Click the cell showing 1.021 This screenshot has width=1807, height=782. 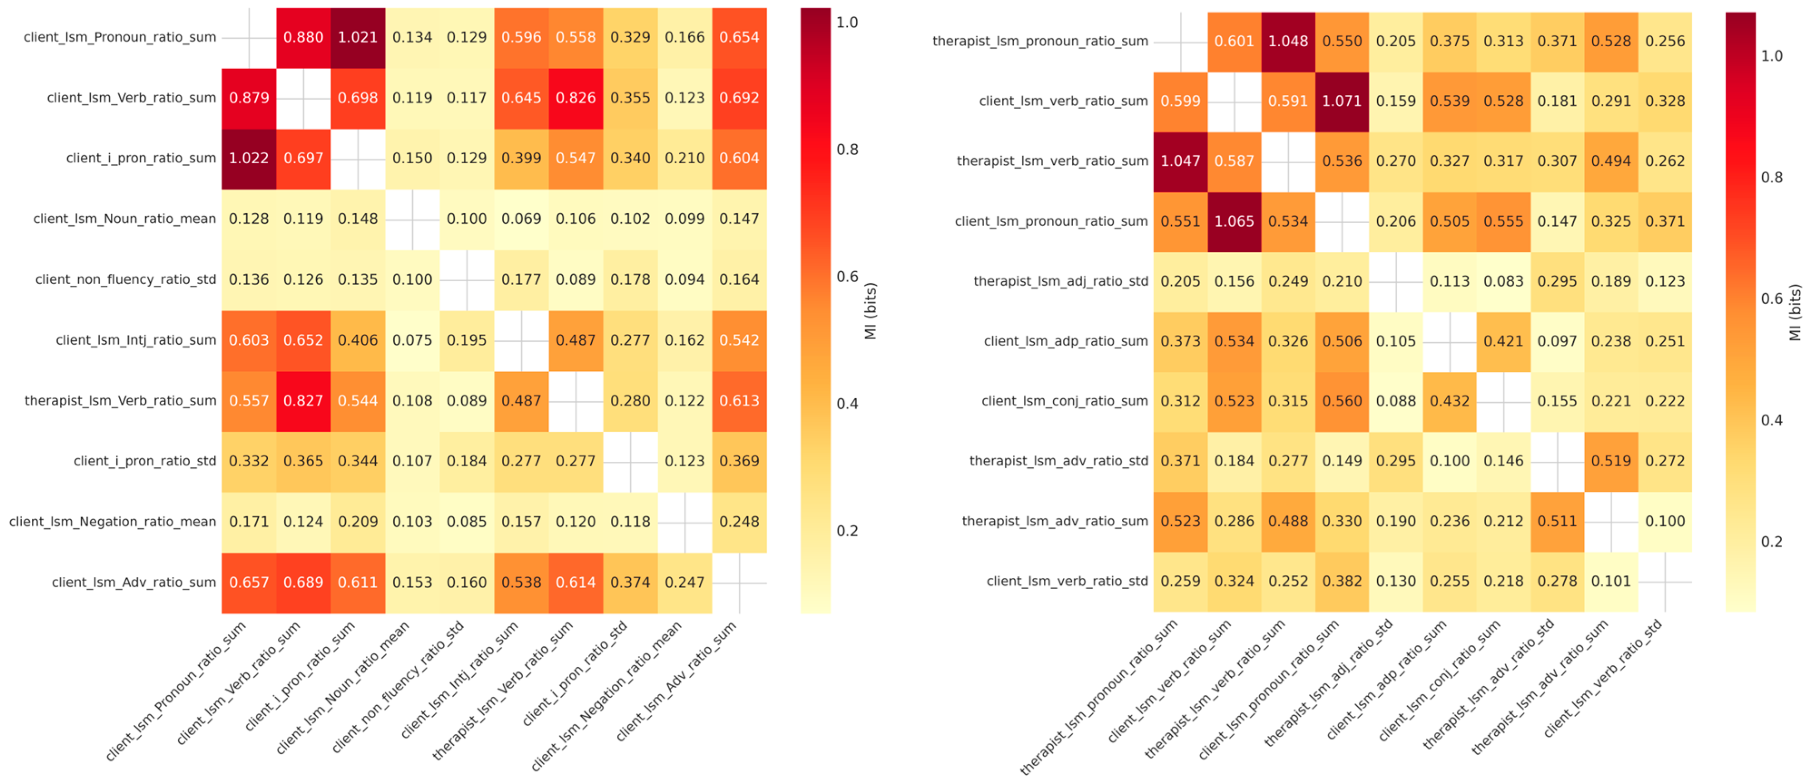(x=358, y=38)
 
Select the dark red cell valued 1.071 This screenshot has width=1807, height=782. (x=1342, y=102)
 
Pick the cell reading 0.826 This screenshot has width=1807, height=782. (x=576, y=98)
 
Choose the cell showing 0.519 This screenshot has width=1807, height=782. (x=1611, y=461)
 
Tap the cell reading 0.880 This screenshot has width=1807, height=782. (x=303, y=38)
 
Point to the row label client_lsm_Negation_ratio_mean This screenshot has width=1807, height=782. (x=112, y=522)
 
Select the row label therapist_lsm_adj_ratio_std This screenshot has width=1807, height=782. (x=1061, y=281)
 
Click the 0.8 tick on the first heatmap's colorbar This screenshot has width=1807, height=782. (x=847, y=149)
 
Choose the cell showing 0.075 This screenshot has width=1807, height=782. (x=412, y=341)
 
